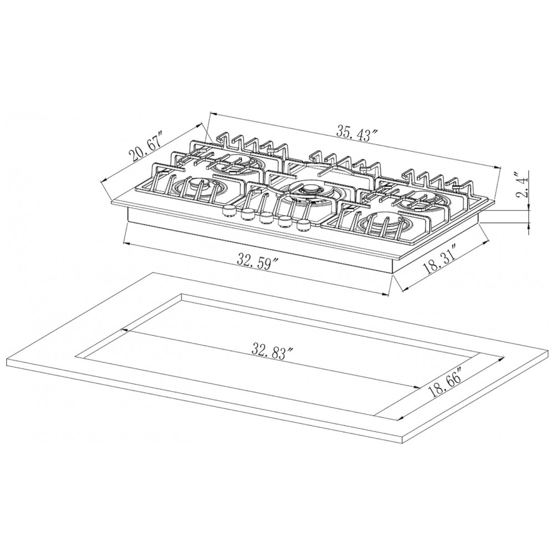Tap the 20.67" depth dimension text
point(145,146)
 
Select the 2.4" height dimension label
point(522,184)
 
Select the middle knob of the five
point(266,218)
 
